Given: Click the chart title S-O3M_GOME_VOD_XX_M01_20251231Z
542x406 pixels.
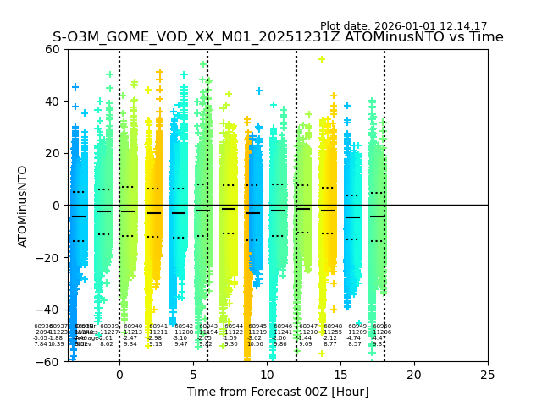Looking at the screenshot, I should coord(278,37).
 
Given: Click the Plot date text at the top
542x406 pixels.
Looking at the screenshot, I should coord(403,26).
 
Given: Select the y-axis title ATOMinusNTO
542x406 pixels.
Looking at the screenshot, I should coord(24,206).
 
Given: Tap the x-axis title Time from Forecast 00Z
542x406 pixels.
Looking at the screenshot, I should coord(278,392).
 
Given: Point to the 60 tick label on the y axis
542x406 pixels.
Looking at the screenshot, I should coord(52,49).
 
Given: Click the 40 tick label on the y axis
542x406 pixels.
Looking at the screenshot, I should coord(52,101).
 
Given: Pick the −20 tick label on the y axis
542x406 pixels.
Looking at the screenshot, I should coord(48,258).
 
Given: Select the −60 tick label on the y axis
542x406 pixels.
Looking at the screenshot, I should coord(48,362).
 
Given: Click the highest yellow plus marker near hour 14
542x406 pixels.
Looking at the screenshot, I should coord(322,59).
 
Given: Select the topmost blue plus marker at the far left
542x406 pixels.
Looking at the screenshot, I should coord(75,87).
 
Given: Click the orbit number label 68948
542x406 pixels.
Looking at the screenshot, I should coord(333,326).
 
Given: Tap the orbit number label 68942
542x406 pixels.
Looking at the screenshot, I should coord(184,326).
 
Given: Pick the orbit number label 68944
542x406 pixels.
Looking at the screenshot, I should coord(234,326).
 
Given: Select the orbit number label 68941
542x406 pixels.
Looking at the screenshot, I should coord(158,326).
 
